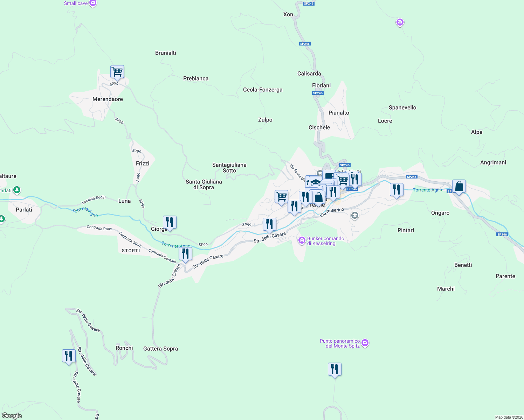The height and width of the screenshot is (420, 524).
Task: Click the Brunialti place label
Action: click(166, 53)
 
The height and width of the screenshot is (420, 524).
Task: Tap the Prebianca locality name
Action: click(196, 78)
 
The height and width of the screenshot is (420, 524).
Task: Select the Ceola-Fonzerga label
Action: click(263, 90)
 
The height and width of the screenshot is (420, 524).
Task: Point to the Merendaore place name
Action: click(108, 99)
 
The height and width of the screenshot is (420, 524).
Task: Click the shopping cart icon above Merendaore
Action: click(117, 72)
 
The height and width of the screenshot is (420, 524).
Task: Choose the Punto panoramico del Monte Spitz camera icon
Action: click(365, 343)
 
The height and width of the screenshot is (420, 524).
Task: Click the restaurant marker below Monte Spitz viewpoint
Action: click(335, 369)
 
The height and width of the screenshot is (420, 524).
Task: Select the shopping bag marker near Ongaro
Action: click(459, 187)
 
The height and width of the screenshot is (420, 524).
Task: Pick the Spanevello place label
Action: click(402, 107)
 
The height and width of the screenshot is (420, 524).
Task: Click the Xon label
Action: click(288, 14)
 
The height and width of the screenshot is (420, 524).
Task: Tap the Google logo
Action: click(12, 416)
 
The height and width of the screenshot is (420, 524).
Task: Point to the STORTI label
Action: click(131, 251)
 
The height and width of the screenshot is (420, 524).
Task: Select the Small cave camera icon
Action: click(93, 3)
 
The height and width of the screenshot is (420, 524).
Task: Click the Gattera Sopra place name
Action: click(160, 349)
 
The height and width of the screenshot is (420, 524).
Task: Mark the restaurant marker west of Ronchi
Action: click(69, 356)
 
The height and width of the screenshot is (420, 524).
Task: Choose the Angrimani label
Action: click(493, 162)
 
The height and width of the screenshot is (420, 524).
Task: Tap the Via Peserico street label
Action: click(332, 212)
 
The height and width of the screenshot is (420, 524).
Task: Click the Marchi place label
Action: click(446, 289)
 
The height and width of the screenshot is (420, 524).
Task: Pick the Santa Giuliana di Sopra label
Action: click(204, 184)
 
